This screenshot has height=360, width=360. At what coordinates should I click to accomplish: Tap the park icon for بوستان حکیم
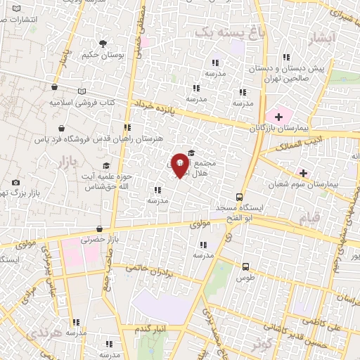(x=103, y=43)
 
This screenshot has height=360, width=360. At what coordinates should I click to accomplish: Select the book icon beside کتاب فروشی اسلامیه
(x=82, y=91)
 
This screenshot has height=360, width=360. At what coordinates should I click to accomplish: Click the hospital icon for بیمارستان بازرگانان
(x=278, y=116)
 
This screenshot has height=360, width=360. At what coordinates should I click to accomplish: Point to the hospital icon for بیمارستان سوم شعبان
(x=304, y=172)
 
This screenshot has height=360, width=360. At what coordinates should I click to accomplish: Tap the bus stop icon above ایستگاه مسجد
(x=240, y=197)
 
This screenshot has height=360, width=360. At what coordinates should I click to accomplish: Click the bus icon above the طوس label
(x=245, y=266)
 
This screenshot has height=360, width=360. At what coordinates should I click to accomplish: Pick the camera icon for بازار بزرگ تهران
(x=15, y=183)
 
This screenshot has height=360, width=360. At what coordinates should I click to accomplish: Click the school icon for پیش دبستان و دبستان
(x=286, y=58)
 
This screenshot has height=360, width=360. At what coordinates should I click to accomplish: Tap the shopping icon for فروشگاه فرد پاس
(x=64, y=129)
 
